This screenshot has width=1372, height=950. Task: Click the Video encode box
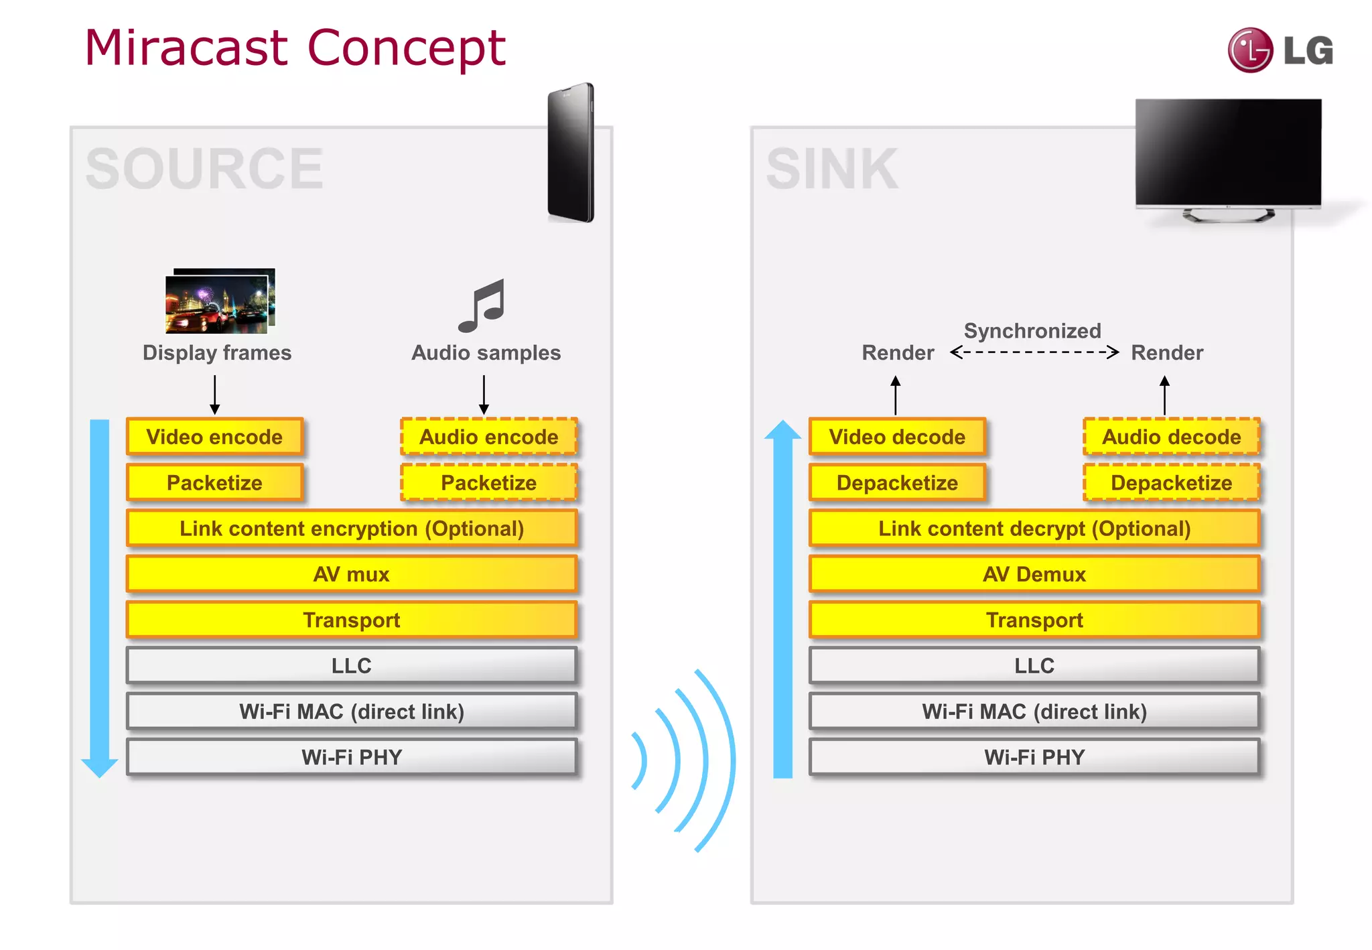pos(214,437)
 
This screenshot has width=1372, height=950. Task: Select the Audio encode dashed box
pos(488,437)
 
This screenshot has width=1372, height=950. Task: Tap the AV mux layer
pos(351,574)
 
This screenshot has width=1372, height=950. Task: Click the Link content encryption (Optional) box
pos(351,529)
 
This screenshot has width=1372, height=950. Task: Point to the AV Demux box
pos(1034,574)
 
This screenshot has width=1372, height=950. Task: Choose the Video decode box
pos(897,437)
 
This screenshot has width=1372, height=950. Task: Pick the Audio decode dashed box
pos(1171,437)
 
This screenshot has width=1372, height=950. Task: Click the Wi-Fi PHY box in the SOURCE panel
pos(351,757)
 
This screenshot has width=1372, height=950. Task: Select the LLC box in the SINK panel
pos(1034,665)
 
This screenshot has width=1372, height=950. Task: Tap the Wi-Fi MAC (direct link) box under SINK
pos(1034,711)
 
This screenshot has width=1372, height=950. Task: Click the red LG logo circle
pos(1249,50)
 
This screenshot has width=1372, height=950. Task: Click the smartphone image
pos(571,153)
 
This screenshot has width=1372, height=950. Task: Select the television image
pos(1228,157)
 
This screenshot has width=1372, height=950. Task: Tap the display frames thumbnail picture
pos(220,301)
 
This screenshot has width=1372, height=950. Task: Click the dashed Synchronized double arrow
pos(1034,352)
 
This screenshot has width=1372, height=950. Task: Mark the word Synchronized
pos(1032,330)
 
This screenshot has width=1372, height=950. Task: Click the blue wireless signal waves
pos(683,761)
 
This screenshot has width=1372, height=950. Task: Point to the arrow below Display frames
pos(214,395)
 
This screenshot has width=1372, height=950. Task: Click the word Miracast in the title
pos(186,48)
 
